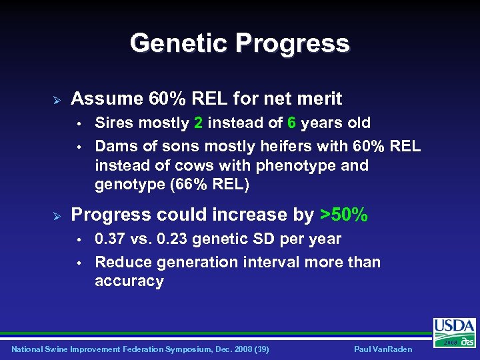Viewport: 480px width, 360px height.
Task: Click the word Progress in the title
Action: click(291, 43)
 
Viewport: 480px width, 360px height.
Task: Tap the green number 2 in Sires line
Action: click(198, 123)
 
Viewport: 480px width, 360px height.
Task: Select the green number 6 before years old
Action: click(291, 123)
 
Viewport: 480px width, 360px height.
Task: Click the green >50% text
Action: click(343, 215)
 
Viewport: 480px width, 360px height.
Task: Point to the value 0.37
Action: click(111, 239)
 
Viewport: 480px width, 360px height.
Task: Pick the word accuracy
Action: click(129, 281)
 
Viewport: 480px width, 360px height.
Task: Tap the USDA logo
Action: click(454, 330)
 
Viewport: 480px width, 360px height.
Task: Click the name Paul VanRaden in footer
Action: click(384, 349)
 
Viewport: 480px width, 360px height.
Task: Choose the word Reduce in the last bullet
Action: click(119, 262)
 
